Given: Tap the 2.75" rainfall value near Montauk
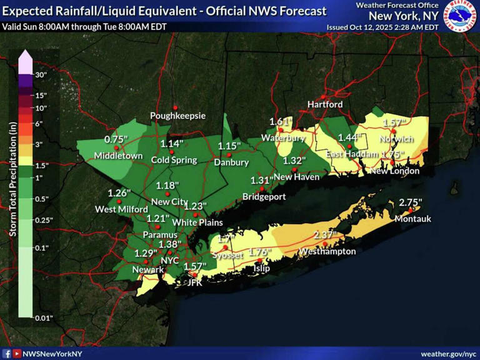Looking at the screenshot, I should point(411,202).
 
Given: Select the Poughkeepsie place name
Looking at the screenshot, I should point(176,116).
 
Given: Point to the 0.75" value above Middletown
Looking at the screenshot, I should point(116,139).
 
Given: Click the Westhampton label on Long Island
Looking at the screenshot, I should point(327,251).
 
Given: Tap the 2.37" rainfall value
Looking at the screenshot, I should point(326,235).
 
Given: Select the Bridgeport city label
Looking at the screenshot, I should point(264,197).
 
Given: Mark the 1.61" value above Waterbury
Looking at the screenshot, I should point(281,121).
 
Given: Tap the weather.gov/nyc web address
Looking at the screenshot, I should point(449,354).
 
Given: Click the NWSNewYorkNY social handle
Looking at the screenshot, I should point(52,354).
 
